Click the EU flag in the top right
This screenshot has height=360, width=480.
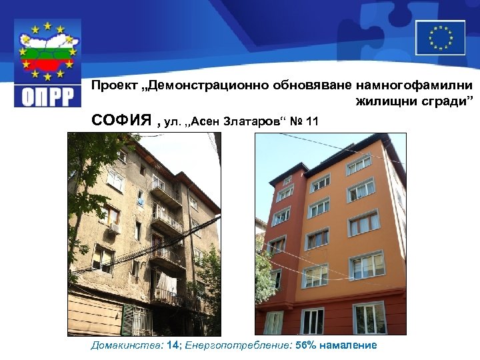(440, 37)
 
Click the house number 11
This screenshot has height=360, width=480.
(311, 122)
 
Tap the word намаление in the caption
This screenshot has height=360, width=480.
(349, 345)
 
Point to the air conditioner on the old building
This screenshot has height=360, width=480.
(114, 228)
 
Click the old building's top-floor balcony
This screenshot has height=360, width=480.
(163, 190)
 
